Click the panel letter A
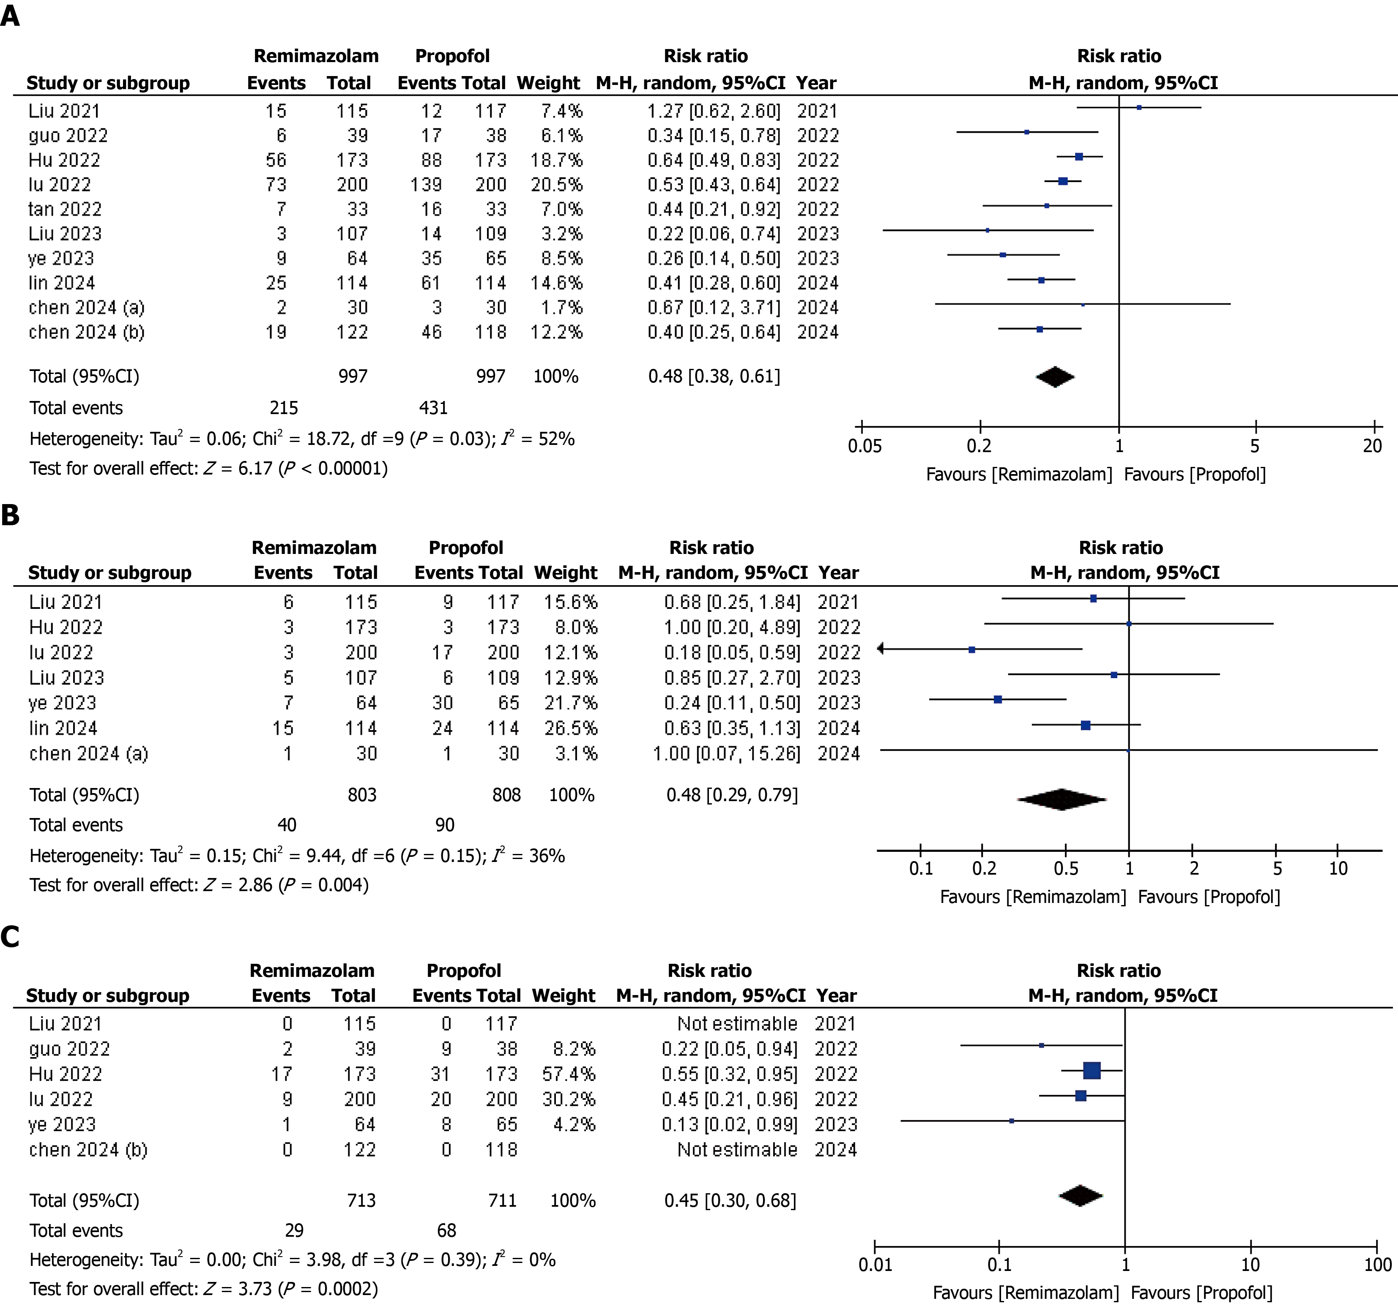11,16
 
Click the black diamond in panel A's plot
1055,377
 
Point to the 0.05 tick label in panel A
864,446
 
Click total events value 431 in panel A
433,408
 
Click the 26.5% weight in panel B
570,728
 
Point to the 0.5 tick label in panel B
1066,868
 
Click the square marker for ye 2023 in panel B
998,699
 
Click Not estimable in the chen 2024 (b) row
737,1149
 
